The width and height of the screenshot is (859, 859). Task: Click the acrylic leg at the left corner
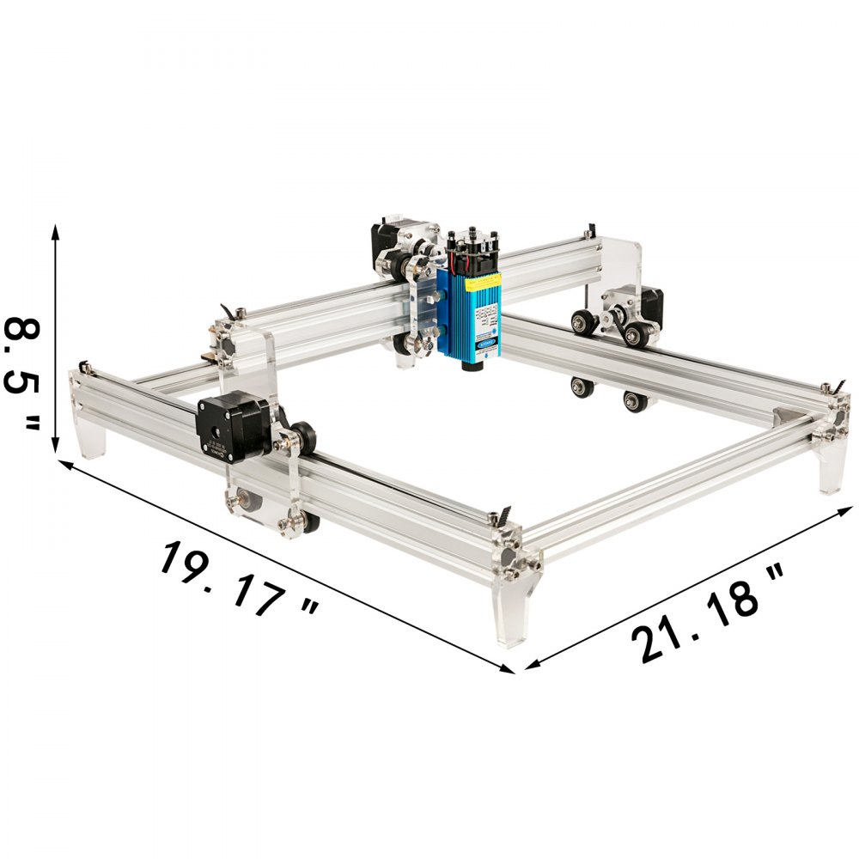click(89, 438)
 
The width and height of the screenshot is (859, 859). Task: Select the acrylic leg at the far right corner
click(832, 472)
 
